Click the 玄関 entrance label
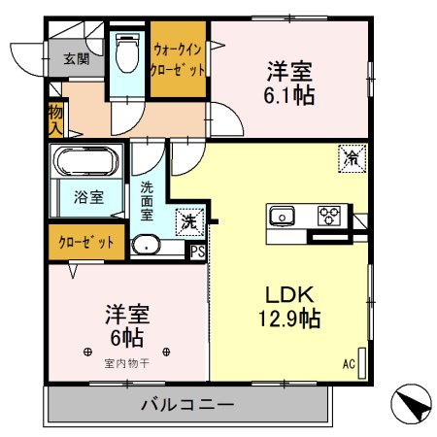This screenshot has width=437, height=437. (x=77, y=58)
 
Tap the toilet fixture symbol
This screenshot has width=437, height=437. (x=126, y=54)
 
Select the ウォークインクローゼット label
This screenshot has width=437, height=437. (x=178, y=60)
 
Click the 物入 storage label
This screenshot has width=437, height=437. (x=55, y=119)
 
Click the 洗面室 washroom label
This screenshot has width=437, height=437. (x=148, y=200)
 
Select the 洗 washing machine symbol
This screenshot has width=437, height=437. (x=188, y=221)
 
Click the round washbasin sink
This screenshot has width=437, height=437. (x=147, y=245)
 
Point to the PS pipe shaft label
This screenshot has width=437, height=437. (x=197, y=252)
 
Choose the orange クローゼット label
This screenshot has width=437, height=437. (x=86, y=242)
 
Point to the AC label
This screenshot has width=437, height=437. (x=348, y=364)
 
